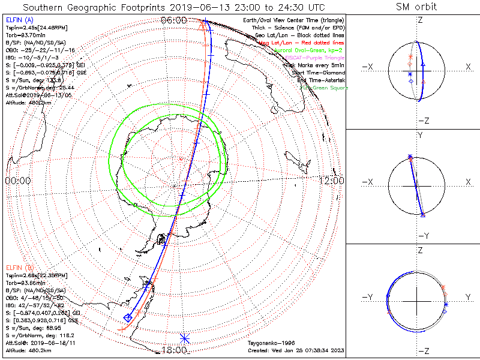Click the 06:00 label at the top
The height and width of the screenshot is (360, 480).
click(175, 20)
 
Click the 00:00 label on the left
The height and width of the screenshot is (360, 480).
click(18, 181)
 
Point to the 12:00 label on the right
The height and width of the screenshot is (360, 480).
click(331, 181)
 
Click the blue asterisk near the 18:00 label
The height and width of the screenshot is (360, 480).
click(184, 339)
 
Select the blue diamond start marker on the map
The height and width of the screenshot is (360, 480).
click(127, 317)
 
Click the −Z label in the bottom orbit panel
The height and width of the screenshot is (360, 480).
click(423, 350)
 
